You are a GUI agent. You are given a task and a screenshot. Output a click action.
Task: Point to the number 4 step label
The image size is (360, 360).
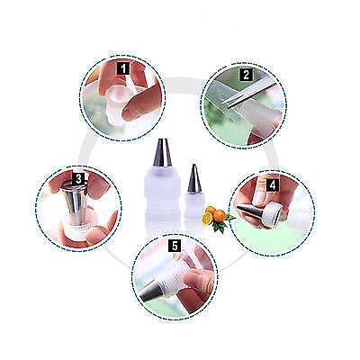[x=272, y=184]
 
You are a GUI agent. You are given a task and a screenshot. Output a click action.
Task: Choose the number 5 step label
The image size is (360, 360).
[x=175, y=244]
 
